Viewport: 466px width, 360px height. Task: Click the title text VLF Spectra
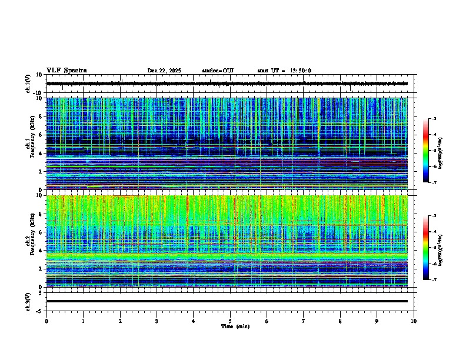coord(66,71)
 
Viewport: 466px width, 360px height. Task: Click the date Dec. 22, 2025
coord(164,71)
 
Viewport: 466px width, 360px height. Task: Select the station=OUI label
coord(218,71)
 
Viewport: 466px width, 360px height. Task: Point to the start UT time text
coord(284,71)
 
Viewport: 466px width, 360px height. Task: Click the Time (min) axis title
coord(235,326)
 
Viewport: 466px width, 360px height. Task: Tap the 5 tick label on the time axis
coord(230,321)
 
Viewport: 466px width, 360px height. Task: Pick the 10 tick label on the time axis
coord(414,321)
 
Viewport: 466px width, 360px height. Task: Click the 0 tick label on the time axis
coord(46,321)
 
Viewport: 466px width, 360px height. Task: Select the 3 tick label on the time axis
coord(157,321)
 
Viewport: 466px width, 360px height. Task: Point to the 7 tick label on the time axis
coord(304,321)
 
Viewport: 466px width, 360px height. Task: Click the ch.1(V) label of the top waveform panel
coord(28,84)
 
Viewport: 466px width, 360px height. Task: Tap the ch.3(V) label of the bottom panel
coord(28,301)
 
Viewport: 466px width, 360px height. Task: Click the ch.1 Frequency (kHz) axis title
coord(29,144)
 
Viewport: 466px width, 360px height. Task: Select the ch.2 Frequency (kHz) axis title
coord(29,240)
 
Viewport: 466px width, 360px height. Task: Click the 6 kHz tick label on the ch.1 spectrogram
coord(41,135)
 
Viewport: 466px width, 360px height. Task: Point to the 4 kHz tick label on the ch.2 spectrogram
coord(41,250)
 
